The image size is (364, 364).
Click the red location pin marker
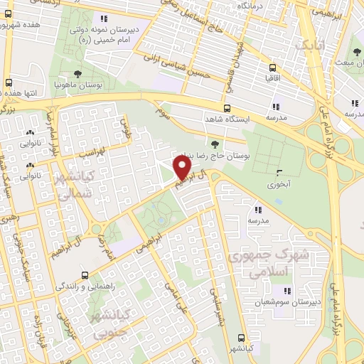(x=183, y=168)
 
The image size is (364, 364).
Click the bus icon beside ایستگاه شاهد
(x=227, y=109)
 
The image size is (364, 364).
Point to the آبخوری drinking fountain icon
(x=279, y=172)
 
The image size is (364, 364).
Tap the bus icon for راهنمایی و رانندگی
(x=85, y=275)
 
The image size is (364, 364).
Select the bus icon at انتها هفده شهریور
(x=9, y=82)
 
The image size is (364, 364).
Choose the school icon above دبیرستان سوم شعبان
(x=288, y=291)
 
